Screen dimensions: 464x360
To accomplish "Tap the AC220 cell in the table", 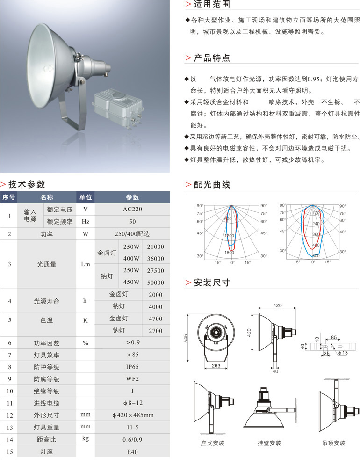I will [132, 209].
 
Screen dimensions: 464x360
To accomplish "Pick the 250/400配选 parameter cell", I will [132, 233].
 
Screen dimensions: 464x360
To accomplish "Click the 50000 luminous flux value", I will [155, 283].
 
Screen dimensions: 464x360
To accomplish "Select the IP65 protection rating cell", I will [132, 367].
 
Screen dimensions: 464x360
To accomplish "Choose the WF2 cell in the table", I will [132, 379].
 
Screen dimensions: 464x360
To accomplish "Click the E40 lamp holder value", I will [132, 452].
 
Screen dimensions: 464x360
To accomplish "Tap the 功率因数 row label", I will [47, 343].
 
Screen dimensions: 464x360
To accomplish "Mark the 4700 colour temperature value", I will [155, 319].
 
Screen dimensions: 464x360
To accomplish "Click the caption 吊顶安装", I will [333, 442].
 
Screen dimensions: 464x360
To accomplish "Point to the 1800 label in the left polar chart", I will [229, 253].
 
